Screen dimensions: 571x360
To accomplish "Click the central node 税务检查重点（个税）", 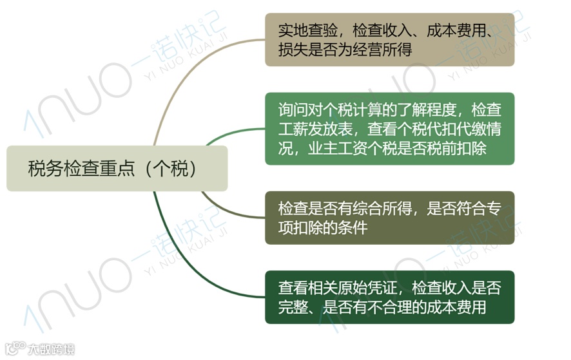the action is [x=117, y=168].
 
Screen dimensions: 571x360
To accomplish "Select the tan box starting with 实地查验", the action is [x=389, y=39].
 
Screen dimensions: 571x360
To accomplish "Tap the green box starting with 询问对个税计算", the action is [x=389, y=128].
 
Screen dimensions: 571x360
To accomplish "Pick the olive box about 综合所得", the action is [x=389, y=218].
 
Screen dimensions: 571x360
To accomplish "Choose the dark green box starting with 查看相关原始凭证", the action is [x=389, y=297].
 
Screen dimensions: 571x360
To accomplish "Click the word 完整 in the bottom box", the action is [x=293, y=307].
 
